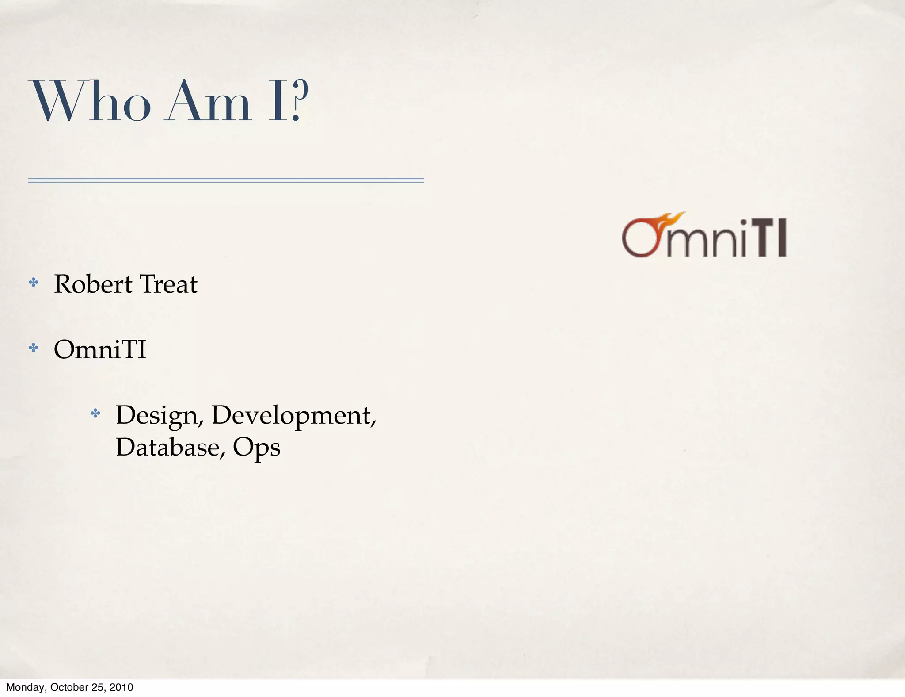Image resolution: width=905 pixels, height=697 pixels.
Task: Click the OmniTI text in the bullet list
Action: point(100,349)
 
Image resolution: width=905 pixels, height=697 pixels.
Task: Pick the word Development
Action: point(294,416)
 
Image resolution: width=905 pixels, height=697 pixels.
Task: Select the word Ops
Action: point(256,448)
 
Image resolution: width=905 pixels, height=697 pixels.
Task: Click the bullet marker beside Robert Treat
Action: point(33,283)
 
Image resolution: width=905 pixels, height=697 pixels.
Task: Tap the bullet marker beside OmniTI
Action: point(33,348)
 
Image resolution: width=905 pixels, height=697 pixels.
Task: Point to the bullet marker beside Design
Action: point(95,414)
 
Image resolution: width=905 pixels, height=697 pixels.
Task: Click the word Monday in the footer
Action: point(26,687)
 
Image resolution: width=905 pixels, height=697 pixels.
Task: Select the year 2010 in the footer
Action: point(121,687)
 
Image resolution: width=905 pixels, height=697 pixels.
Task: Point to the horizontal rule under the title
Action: point(226,180)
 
